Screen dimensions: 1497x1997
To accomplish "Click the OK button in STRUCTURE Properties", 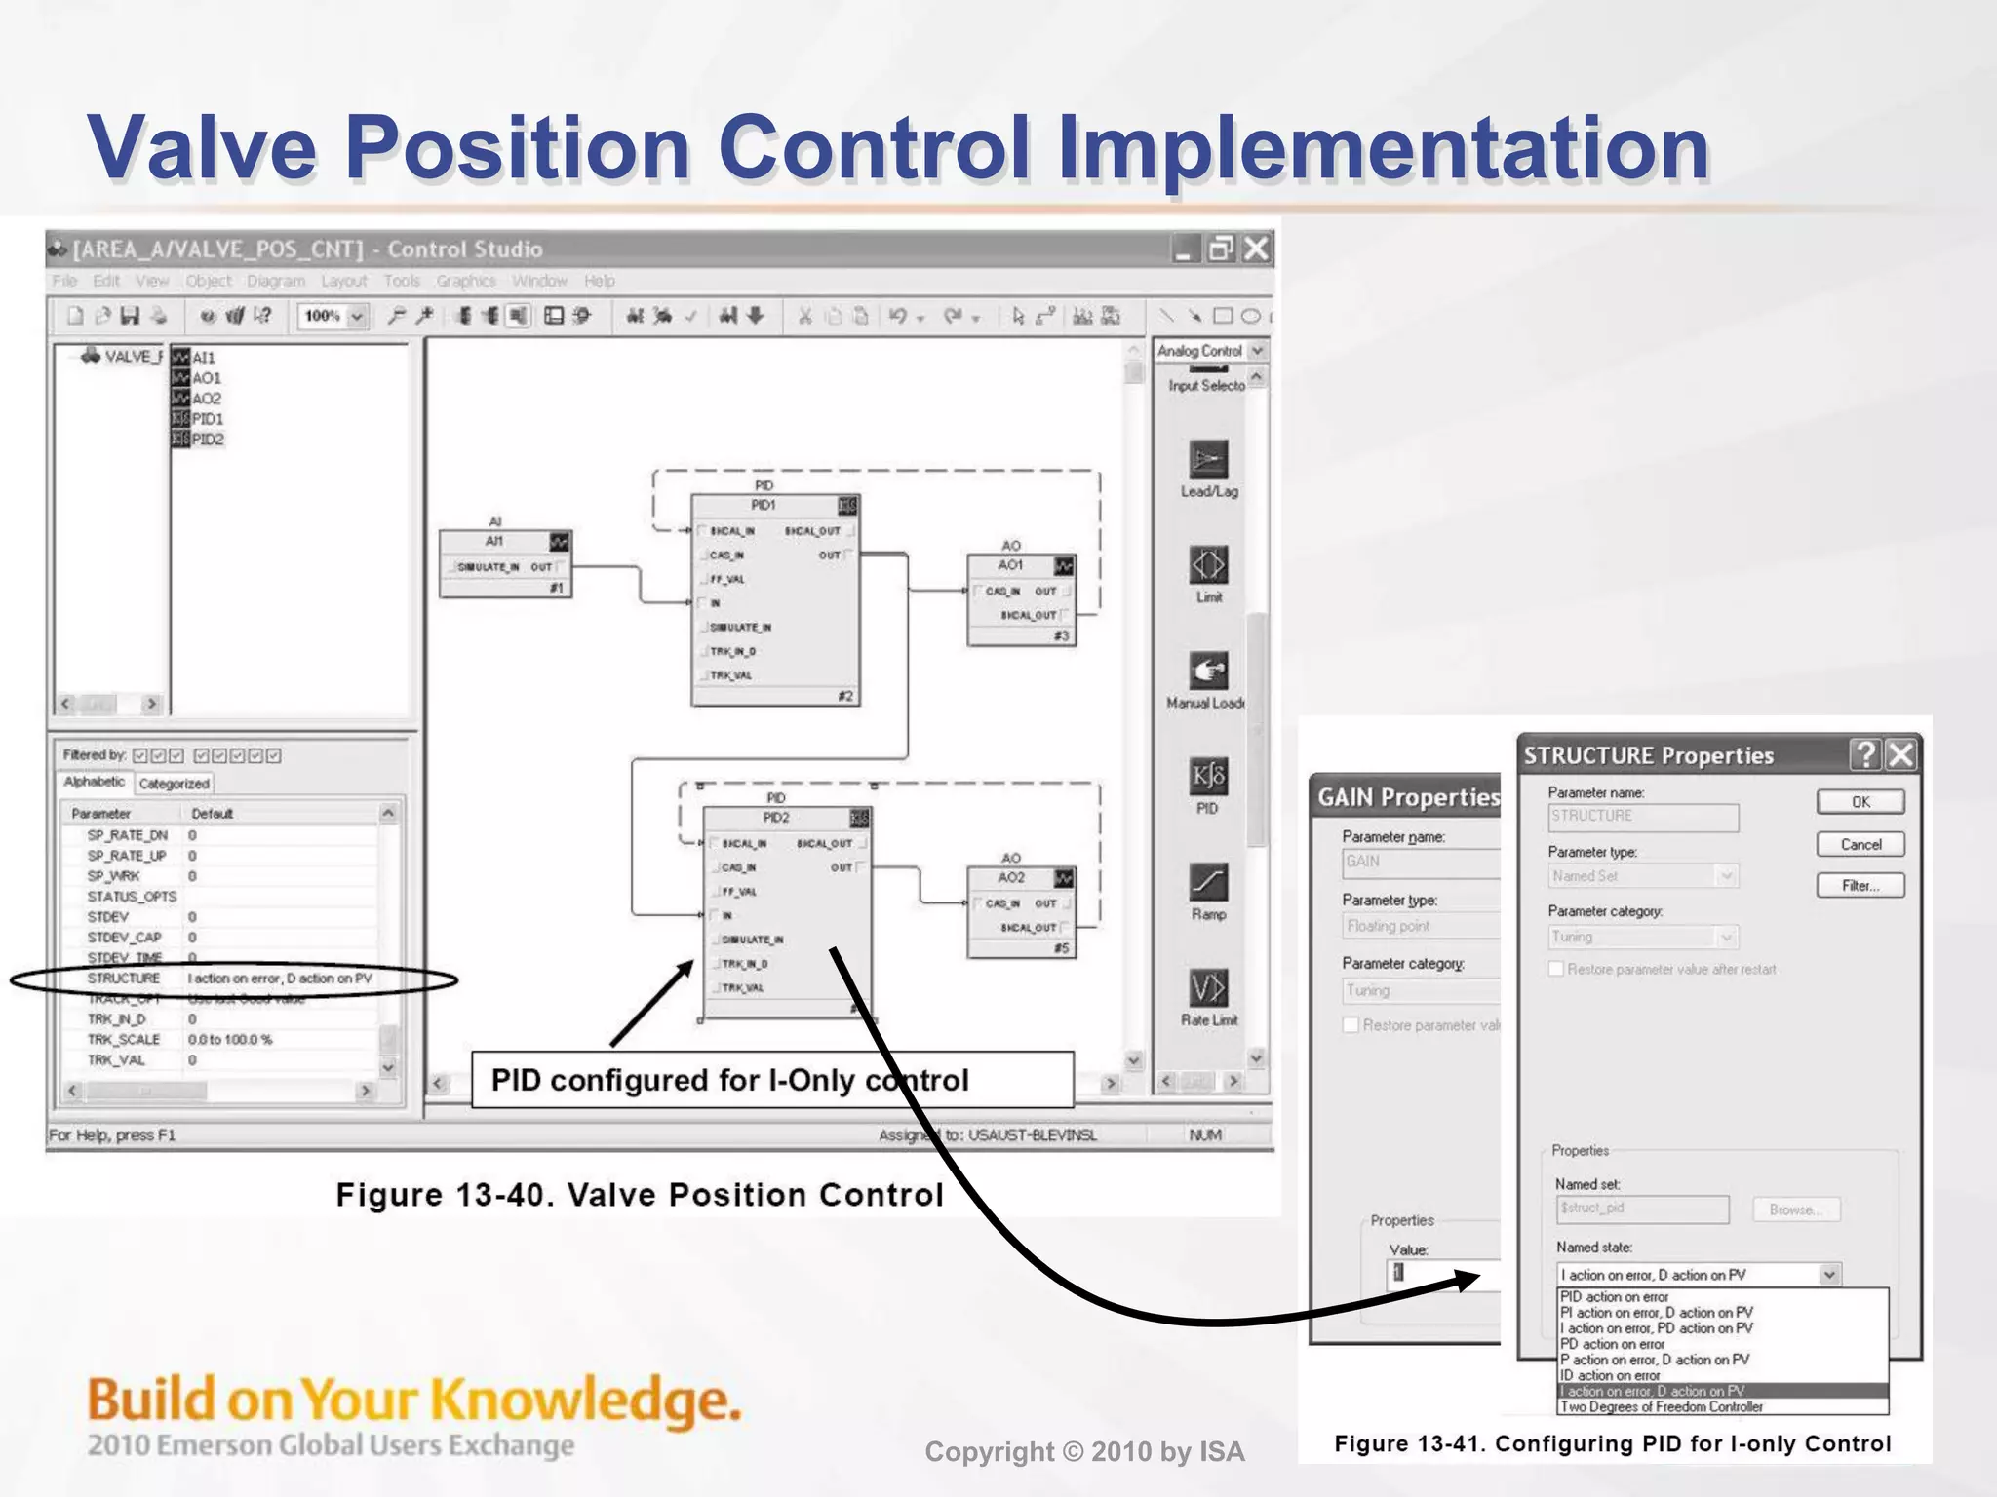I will coord(1860,802).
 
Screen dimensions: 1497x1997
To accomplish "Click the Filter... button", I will coord(1860,886).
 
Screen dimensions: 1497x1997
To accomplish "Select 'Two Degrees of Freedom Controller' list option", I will coord(1662,1407).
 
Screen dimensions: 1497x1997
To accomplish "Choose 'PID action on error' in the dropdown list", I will coord(1615,1297).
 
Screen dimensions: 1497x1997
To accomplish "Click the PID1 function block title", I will coord(764,505).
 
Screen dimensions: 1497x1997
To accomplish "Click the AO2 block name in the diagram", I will coord(1011,877).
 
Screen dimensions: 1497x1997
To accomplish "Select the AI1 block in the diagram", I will coord(494,541).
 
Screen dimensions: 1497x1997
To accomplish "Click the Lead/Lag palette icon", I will coord(1208,460).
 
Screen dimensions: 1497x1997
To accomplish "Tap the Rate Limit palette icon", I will coord(1208,988).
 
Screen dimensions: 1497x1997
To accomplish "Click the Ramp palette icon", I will coord(1208,883).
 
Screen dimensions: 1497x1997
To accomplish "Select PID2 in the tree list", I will coord(207,440).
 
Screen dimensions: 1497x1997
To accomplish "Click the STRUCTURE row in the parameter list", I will coord(124,979).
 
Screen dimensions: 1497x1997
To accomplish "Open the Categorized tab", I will coord(174,784).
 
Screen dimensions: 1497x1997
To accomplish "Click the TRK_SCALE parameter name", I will coord(124,1040).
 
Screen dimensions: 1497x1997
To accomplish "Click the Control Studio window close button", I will coord(1257,249).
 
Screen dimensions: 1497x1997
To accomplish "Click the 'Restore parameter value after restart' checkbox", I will coord(1556,969).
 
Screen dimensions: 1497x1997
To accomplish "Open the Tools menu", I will coord(401,281).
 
